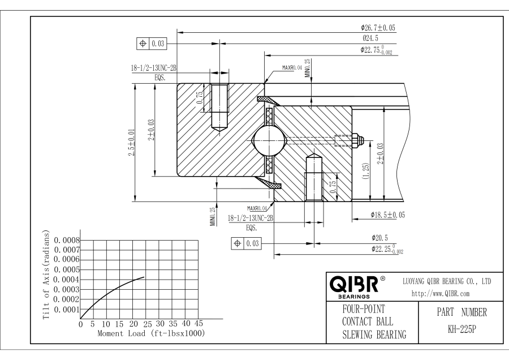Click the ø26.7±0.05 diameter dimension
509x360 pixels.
click(378, 27)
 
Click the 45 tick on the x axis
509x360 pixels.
click(198, 324)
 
